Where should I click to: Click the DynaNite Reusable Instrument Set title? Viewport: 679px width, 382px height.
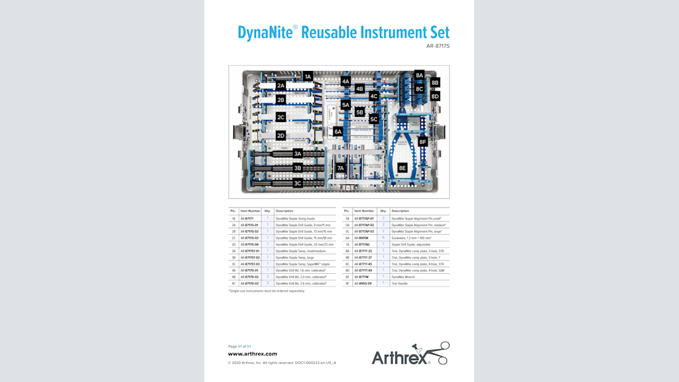coord(343,32)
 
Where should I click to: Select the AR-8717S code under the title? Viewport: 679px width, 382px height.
coord(438,46)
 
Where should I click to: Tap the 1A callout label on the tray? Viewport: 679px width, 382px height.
coord(308,76)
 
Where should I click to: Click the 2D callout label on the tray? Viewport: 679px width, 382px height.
coord(280,135)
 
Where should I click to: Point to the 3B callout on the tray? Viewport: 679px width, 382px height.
coord(298,168)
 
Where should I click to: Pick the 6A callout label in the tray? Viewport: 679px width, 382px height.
coord(338,132)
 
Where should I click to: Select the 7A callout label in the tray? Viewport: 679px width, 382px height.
coord(340,168)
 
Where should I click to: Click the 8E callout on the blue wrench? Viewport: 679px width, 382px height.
coord(402,168)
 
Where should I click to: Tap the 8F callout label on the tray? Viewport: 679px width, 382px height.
coord(422,141)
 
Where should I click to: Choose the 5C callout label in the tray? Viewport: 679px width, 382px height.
coord(374,119)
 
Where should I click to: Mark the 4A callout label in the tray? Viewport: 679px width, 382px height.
coord(345,81)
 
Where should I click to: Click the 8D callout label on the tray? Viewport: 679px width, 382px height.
coord(435,96)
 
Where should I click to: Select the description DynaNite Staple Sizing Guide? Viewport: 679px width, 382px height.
coord(295,218)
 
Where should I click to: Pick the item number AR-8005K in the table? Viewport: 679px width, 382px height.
coord(361,237)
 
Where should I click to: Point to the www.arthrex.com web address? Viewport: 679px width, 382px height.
coord(253,354)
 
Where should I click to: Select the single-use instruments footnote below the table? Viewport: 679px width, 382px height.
coord(267,290)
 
